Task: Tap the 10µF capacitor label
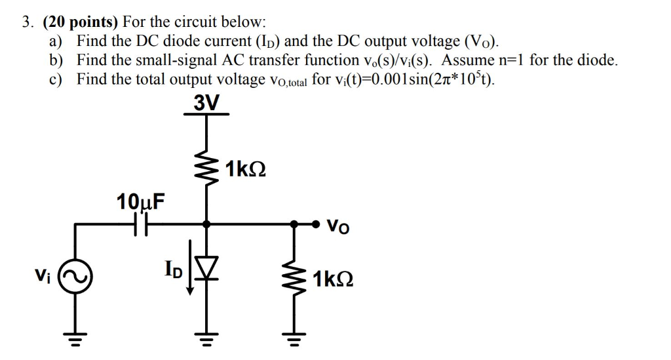coord(140,201)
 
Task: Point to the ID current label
coord(174,269)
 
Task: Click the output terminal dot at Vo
coord(317,225)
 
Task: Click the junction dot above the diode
coord(206,224)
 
